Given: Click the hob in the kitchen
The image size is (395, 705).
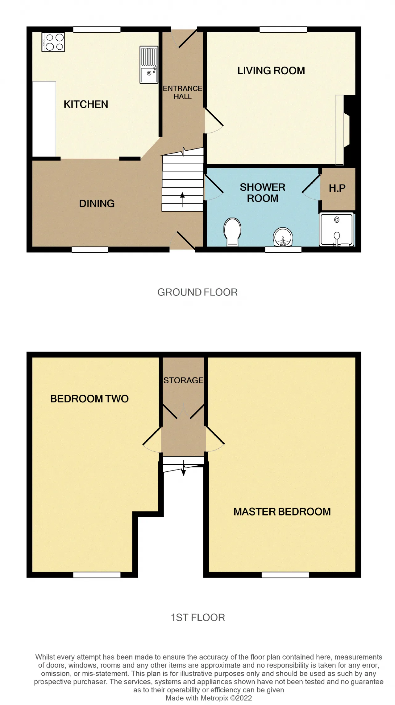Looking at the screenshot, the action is click(53, 42).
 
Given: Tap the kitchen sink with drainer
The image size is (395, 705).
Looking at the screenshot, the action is click(149, 65).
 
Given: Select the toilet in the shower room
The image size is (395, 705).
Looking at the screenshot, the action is click(232, 232).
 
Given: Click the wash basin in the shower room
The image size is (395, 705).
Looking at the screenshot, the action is click(283, 237).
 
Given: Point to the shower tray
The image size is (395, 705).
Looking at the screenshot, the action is click(337, 230).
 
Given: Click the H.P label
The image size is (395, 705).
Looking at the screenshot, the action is click(337, 188).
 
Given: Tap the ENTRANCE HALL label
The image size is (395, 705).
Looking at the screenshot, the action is click(183, 92).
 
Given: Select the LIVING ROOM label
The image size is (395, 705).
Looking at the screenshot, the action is click(271, 71).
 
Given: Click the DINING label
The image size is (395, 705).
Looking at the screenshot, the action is click(97, 203).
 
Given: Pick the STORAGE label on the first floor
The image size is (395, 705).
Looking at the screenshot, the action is click(183, 380).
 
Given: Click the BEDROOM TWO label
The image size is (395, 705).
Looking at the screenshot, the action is click(89, 399).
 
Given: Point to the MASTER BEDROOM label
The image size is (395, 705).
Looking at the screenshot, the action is click(282, 511).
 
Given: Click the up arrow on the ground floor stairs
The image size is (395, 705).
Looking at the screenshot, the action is click(182, 199).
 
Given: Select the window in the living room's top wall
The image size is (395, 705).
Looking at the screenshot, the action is click(283, 29).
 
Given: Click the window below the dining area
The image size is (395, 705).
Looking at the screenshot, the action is click(90, 250).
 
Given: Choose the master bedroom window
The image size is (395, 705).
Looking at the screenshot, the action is click(285, 575).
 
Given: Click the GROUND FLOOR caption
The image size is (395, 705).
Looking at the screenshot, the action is click(197, 292).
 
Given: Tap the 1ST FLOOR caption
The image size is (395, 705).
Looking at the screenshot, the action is click(198, 617).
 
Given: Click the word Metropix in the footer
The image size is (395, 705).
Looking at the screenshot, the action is click(215, 698).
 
